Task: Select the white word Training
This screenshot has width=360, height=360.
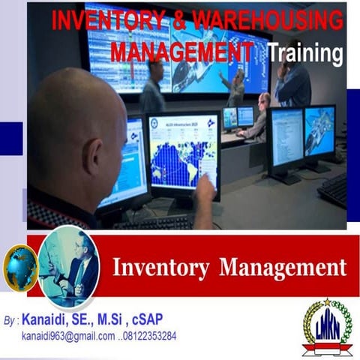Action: (x=305, y=53)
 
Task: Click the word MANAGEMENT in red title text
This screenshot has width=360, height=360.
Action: (x=182, y=52)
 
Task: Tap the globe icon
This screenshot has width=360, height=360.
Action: (x=20, y=266)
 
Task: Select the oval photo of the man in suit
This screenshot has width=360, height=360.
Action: (x=69, y=266)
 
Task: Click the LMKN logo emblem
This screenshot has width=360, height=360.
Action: (x=327, y=327)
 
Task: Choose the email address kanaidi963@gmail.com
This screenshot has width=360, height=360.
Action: (x=68, y=335)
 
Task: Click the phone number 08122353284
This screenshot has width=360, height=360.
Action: (x=150, y=335)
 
